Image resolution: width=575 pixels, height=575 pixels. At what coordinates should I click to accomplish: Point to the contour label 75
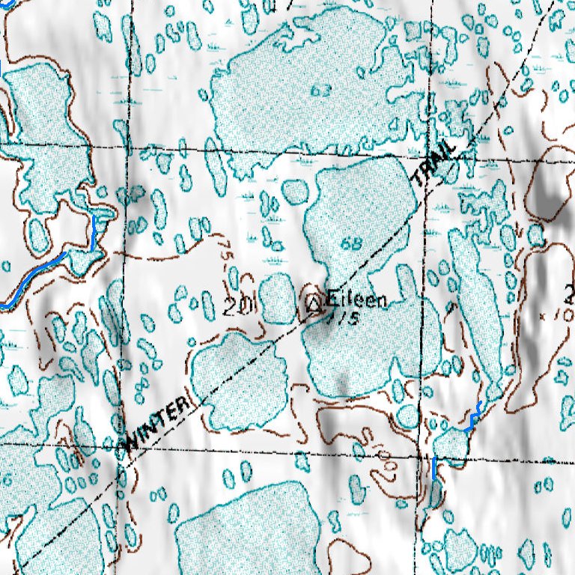[x=225, y=249]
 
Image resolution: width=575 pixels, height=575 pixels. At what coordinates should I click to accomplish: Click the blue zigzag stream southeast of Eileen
[x=472, y=418]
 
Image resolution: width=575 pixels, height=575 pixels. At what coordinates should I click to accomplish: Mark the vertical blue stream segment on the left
[x=93, y=234]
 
